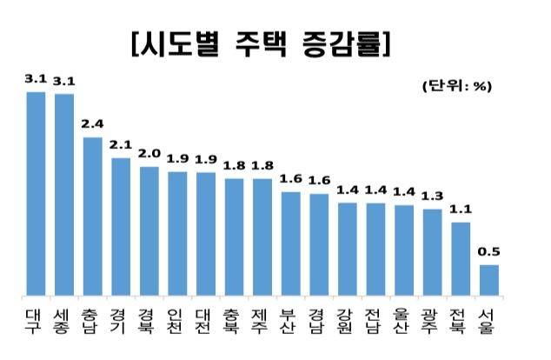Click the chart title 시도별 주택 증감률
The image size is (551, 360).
click(x=260, y=43)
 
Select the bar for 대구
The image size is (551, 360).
click(x=36, y=192)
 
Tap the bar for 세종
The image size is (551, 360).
click(x=63, y=193)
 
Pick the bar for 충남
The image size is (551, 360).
click(x=92, y=216)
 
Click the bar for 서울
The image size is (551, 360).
click(x=489, y=279)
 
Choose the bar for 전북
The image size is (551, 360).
click(x=461, y=258)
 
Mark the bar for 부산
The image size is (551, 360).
click(x=291, y=243)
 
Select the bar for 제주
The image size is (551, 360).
click(x=262, y=236)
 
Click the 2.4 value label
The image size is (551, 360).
click(x=92, y=124)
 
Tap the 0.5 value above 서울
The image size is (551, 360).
click(x=489, y=252)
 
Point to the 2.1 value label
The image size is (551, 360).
click(x=121, y=144)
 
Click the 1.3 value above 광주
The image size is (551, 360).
click(x=432, y=196)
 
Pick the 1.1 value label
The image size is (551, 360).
click(x=461, y=209)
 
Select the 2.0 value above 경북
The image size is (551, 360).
click(x=149, y=153)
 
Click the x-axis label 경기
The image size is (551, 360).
click(x=121, y=320)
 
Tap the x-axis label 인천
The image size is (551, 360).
click(x=177, y=320)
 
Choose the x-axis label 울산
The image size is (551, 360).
click(x=404, y=320)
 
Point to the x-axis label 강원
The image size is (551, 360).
click(x=348, y=320)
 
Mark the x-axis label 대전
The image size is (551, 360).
click(x=206, y=320)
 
